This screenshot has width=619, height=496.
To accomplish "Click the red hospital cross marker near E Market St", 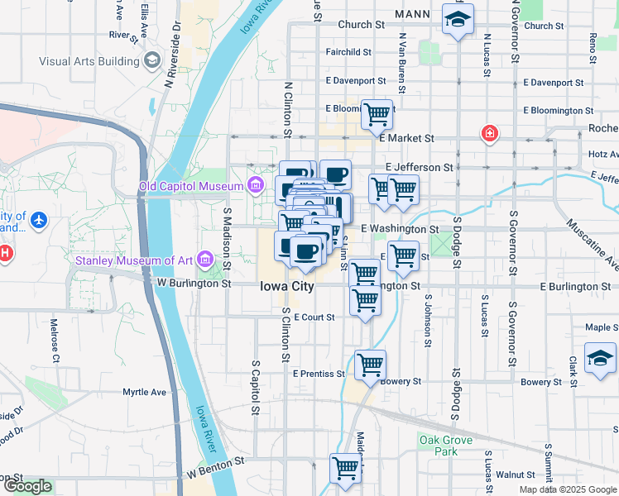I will [490, 133].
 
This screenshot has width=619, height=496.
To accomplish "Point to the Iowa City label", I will [287, 286].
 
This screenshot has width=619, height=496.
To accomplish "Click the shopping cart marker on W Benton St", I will [346, 468].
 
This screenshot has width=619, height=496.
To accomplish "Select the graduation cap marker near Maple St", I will [600, 357].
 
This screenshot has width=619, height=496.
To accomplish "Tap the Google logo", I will [27, 487].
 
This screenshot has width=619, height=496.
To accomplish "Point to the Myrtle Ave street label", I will [145, 392].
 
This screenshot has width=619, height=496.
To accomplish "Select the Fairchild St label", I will [348, 52].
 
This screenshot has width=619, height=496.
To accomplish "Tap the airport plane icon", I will [38, 222].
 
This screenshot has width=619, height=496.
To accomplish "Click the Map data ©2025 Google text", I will [567, 489].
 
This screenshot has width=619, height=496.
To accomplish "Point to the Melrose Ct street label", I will [55, 341].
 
